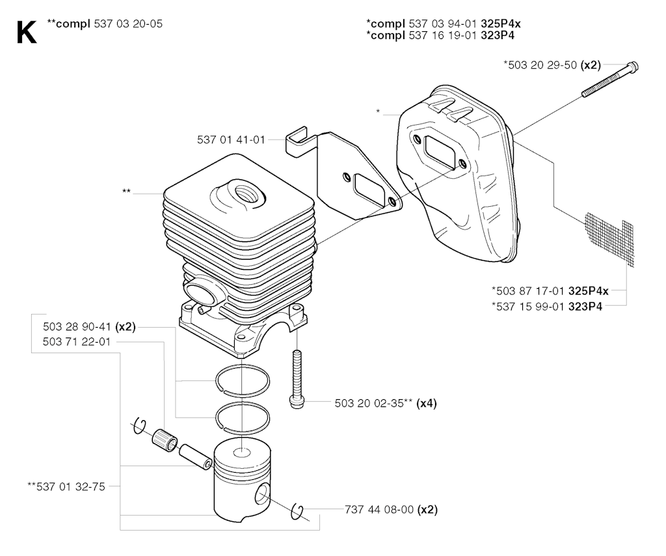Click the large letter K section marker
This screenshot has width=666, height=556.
pyautogui.click(x=26, y=33)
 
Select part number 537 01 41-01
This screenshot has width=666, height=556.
pyautogui.click(x=231, y=139)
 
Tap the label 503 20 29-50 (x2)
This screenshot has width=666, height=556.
pyautogui.click(x=552, y=65)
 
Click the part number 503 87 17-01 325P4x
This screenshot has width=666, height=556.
pyautogui.click(x=550, y=291)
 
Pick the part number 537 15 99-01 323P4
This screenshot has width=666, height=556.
pyautogui.click(x=547, y=306)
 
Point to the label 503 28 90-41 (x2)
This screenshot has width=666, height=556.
pyautogui.click(x=89, y=326)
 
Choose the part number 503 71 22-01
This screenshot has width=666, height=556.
pyautogui.click(x=77, y=341)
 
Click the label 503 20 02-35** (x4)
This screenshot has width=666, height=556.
pyautogui.click(x=386, y=403)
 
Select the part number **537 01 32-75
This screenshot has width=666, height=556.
pyautogui.click(x=66, y=486)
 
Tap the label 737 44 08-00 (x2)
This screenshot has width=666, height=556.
pyautogui.click(x=391, y=509)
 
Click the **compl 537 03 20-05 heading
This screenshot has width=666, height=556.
pyautogui.click(x=105, y=24)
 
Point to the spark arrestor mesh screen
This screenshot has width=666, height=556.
pyautogui.click(x=609, y=239)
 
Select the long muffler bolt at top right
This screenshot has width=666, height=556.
pyautogui.click(x=610, y=79)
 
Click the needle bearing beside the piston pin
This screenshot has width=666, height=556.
pyautogui.click(x=165, y=440)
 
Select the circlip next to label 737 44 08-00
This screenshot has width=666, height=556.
pyautogui.click(x=297, y=512)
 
